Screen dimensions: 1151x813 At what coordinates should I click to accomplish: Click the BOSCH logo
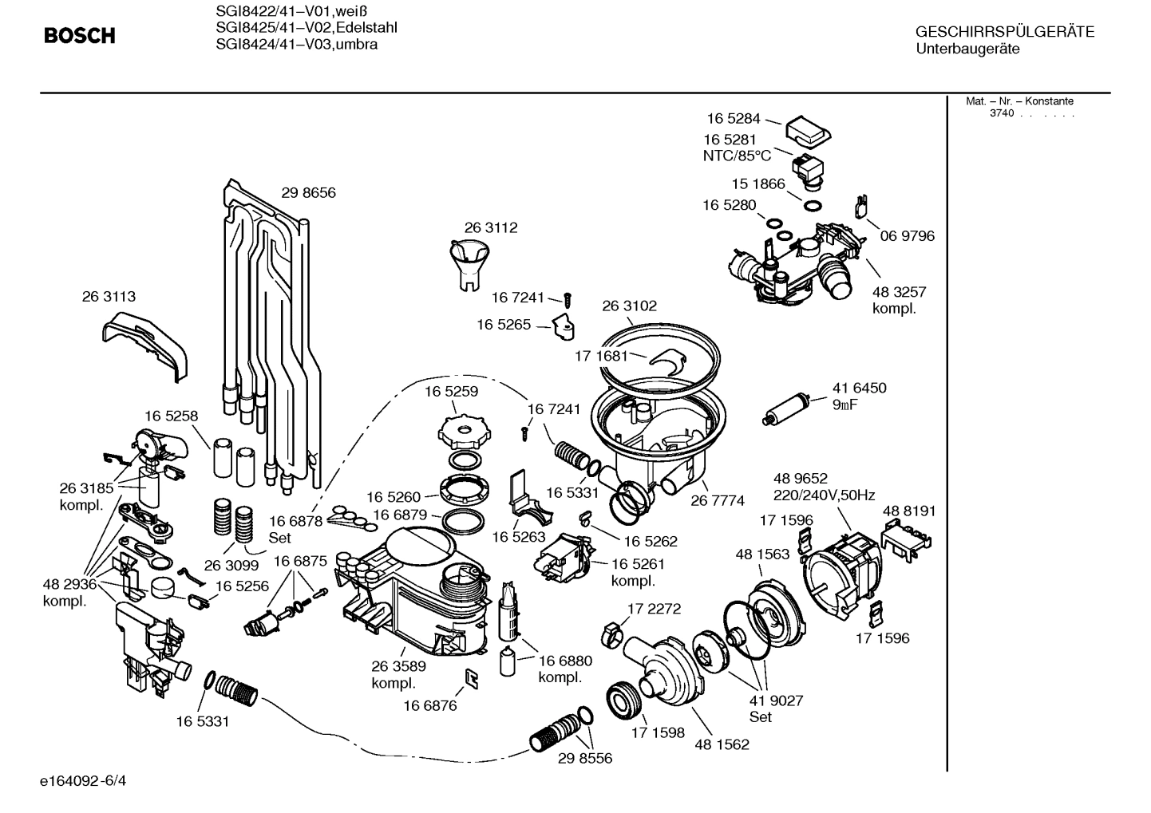point(79,36)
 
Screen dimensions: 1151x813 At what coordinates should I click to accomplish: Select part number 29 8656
point(308,192)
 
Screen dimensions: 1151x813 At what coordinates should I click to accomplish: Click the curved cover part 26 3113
point(145,342)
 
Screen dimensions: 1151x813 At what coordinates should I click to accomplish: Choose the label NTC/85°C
point(737,156)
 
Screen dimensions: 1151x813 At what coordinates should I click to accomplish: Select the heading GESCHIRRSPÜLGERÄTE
point(1004,33)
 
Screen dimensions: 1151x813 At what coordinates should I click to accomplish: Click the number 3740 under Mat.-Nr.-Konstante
point(1001,113)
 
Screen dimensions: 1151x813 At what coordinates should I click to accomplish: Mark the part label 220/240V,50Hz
point(824,495)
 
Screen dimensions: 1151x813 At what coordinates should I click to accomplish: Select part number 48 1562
point(722,744)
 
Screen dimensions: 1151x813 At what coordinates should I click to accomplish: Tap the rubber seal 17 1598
point(625,701)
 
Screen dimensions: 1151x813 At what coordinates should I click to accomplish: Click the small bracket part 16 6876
point(472,678)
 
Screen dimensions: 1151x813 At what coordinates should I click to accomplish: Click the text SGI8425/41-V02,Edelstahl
point(307,28)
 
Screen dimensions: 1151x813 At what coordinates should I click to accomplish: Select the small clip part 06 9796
point(861,206)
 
